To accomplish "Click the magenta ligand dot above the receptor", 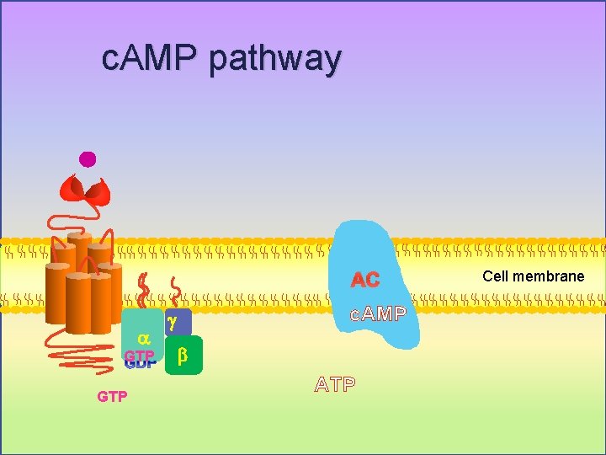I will point(87,158).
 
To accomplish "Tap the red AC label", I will point(365,280).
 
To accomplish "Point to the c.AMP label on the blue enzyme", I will point(378,314).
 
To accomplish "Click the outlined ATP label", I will point(335,385).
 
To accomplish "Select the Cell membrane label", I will point(533,276).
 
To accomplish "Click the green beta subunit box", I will point(183,356).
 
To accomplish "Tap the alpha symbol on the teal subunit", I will point(142,337).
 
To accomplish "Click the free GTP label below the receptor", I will point(112,396).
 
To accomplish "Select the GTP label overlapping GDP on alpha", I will point(139,356).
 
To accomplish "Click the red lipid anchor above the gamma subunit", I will point(175,293).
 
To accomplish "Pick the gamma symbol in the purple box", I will point(172,322).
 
